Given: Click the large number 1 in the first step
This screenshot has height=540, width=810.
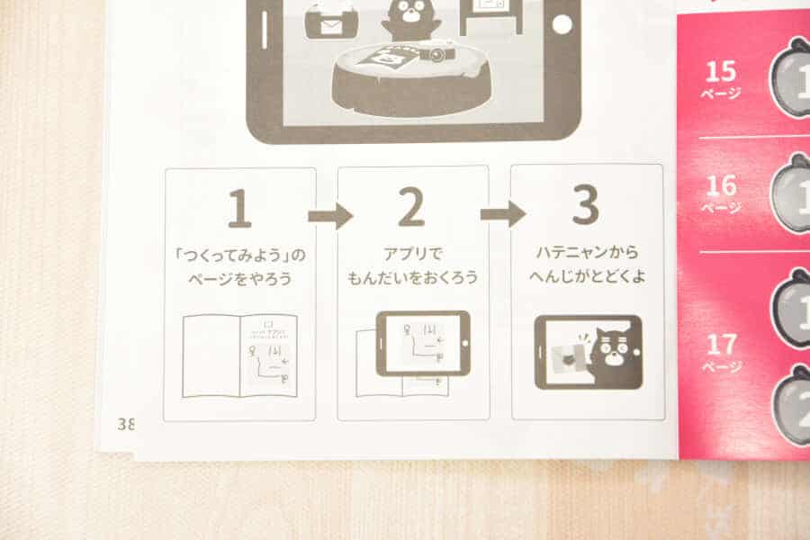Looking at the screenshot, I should point(239,209).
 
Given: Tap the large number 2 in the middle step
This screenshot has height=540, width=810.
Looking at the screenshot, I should point(411,209).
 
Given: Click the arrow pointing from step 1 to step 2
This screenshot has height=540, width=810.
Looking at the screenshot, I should point(329,216).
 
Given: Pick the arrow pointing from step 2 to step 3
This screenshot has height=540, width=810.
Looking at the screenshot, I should point(502,214).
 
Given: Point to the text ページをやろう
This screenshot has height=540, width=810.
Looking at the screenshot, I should point(239,279).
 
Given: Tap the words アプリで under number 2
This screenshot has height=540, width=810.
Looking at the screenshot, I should point(412,254).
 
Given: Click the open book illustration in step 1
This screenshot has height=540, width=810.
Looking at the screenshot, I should point(239,355).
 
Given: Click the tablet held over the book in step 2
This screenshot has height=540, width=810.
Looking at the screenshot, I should point(422,343).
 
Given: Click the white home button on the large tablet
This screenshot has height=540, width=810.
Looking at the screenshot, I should point(562,24).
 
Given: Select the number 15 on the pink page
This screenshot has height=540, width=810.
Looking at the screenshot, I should point(720,70).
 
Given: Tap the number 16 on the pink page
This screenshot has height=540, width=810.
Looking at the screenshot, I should point(720,185).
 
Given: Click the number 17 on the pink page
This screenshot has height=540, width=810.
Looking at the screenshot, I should point(721,344).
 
